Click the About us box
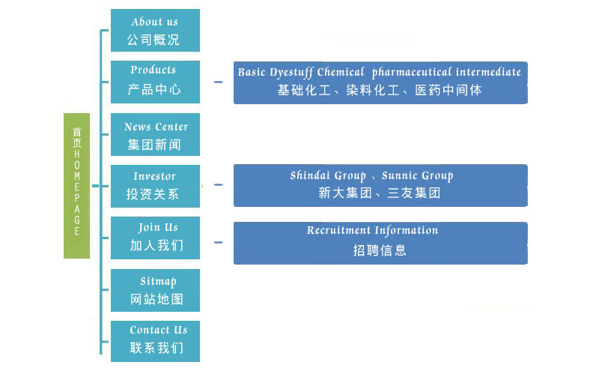pos(155,30)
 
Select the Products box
pos(155,82)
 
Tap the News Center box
pos(155,134)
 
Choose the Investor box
pos(155,187)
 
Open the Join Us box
pos(155,238)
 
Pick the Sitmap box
pos(155,290)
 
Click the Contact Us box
pos(155,342)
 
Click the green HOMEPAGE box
pos(77,186)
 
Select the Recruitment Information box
pos(380,244)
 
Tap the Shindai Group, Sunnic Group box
pos(380,186)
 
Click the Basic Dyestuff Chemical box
pos(380,82)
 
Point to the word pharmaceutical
pos(412,72)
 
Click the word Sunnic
pos(399,175)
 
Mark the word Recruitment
pos(338,230)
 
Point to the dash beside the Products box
pos(218,82)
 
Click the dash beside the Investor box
pos(218,184)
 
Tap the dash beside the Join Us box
pos(218,243)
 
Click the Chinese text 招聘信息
pos(380,250)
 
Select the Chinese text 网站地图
pos(156,299)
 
